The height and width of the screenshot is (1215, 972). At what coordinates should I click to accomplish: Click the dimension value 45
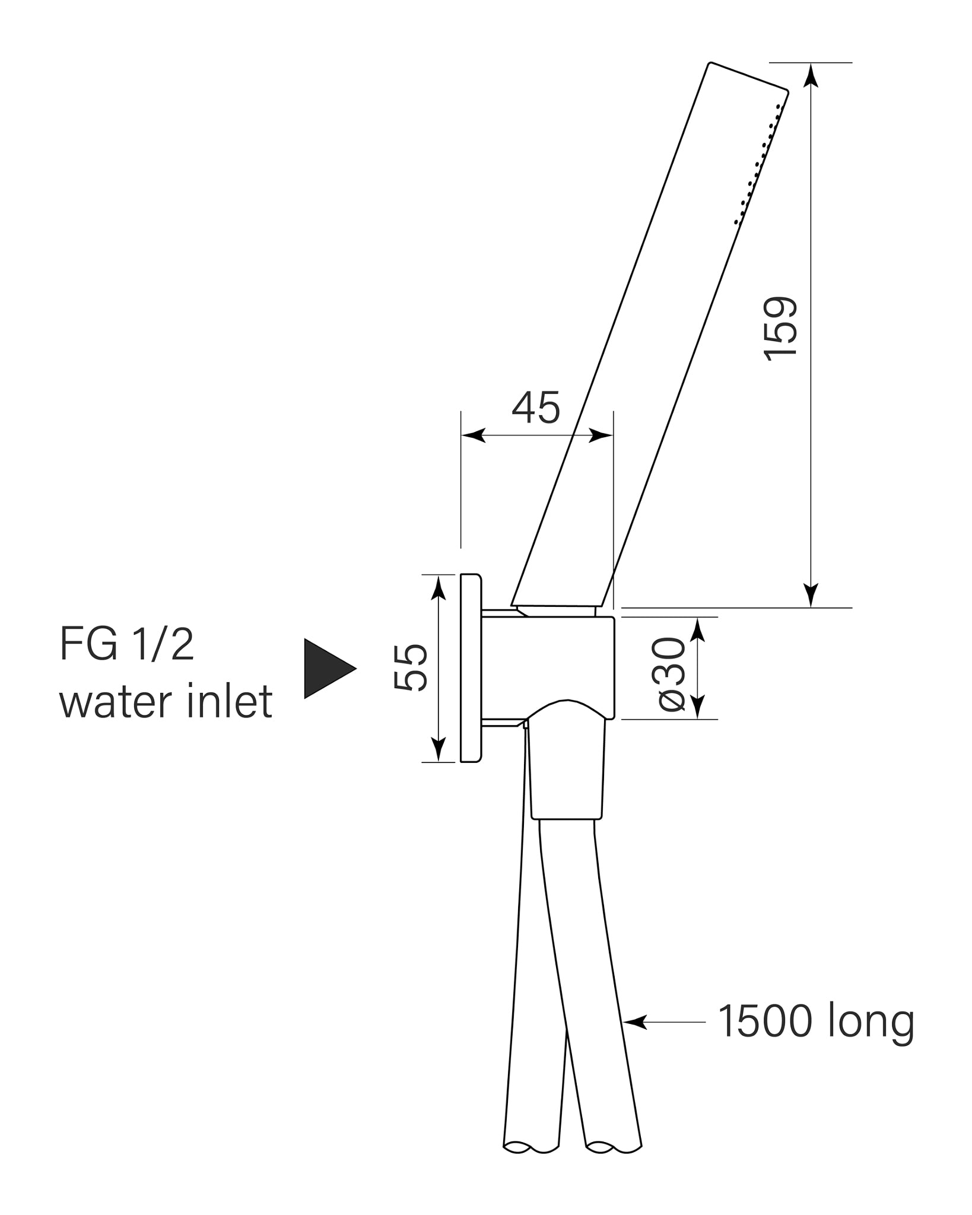point(536,408)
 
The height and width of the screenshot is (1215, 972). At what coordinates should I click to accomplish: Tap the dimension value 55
point(411,668)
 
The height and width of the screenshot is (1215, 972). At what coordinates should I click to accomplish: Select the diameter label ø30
point(672,674)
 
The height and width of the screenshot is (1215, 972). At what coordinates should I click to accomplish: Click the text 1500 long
point(815,1022)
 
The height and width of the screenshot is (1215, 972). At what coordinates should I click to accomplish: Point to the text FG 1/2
point(127,645)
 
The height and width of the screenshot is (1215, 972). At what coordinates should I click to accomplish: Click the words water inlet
point(166,702)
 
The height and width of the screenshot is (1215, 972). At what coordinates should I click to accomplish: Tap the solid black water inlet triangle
point(326,669)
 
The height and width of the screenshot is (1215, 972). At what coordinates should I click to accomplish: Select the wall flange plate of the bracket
point(471,668)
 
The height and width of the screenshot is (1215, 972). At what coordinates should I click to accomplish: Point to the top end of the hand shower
point(749,77)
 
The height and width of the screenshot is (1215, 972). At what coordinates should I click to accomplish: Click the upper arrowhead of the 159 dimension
point(811,75)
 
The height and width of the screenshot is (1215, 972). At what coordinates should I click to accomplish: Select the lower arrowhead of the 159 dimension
point(811,595)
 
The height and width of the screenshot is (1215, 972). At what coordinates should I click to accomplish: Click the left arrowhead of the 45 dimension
point(474,435)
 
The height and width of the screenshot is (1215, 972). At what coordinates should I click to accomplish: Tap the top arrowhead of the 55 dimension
point(438,587)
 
